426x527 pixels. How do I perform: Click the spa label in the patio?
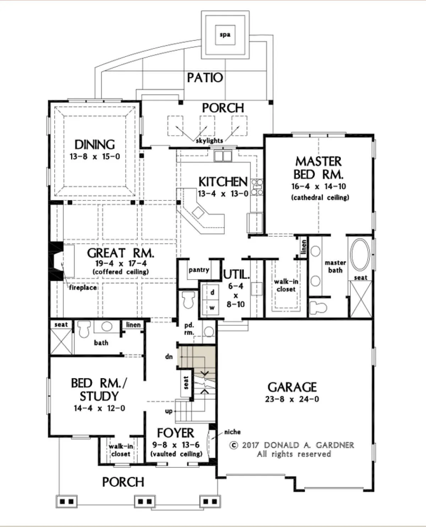coord(225,34)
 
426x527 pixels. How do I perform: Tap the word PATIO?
coord(205,78)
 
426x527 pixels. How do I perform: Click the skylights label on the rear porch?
coord(209,141)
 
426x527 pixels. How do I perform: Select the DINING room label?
coord(95,145)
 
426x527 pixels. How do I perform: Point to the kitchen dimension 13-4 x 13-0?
coord(223,194)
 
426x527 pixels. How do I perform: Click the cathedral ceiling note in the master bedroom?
coord(320,198)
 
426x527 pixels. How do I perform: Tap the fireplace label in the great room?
coord(83,287)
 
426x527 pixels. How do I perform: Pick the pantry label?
coord(199,270)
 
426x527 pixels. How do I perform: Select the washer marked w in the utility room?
coord(212,307)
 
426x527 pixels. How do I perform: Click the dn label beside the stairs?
coord(169,356)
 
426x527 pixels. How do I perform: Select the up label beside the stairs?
coord(169,412)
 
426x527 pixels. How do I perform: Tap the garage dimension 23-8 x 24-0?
coord(292,399)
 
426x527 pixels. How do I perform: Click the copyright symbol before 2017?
coord(234,445)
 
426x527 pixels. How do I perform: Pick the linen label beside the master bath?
coord(304,247)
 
